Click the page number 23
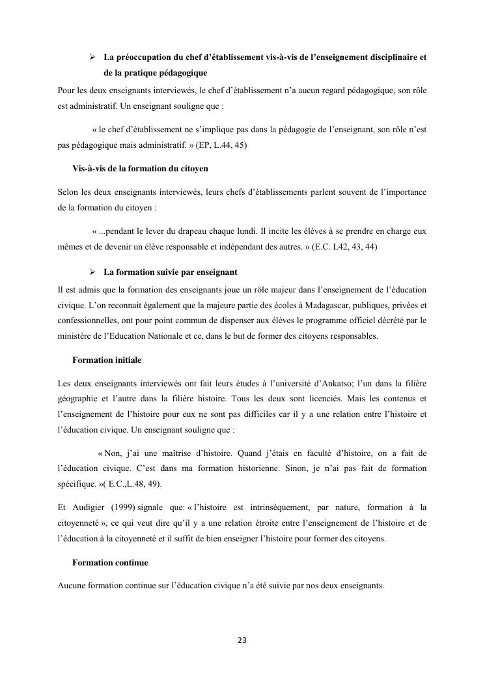click(x=242, y=640)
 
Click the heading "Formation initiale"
click(x=107, y=360)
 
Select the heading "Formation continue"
click(x=110, y=562)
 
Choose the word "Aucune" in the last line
click(x=72, y=586)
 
